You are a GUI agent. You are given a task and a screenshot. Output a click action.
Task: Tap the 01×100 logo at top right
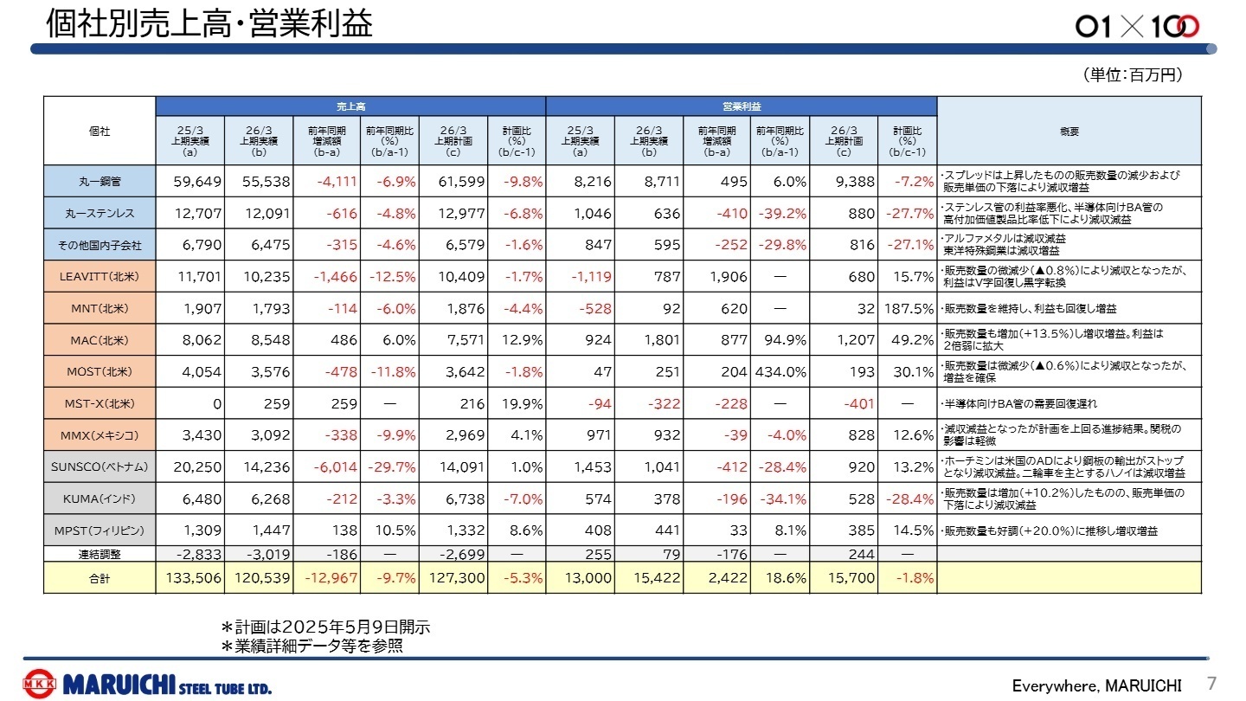pos(1137,27)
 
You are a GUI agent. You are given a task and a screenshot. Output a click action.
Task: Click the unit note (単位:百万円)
pos(1132,76)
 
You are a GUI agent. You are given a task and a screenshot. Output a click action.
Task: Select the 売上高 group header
pos(350,106)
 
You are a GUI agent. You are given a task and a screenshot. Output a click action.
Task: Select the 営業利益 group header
pos(742,106)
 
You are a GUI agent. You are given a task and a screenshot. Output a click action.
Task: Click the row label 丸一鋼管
pos(100,182)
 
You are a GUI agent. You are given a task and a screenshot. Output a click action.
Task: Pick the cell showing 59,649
pos(190,182)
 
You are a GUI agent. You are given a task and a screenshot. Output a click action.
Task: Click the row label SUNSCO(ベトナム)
pos(100,467)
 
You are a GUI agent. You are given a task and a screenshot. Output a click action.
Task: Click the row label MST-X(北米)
pos(100,403)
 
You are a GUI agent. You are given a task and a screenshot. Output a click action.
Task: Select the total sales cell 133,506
pos(189,577)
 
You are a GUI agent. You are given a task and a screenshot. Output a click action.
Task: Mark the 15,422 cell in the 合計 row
pos(648,577)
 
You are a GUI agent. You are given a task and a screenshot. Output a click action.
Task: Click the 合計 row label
pos(100,577)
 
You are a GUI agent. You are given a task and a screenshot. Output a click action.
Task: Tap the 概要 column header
pos(1069,131)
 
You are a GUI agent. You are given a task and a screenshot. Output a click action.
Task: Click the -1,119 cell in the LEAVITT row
pos(581,277)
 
